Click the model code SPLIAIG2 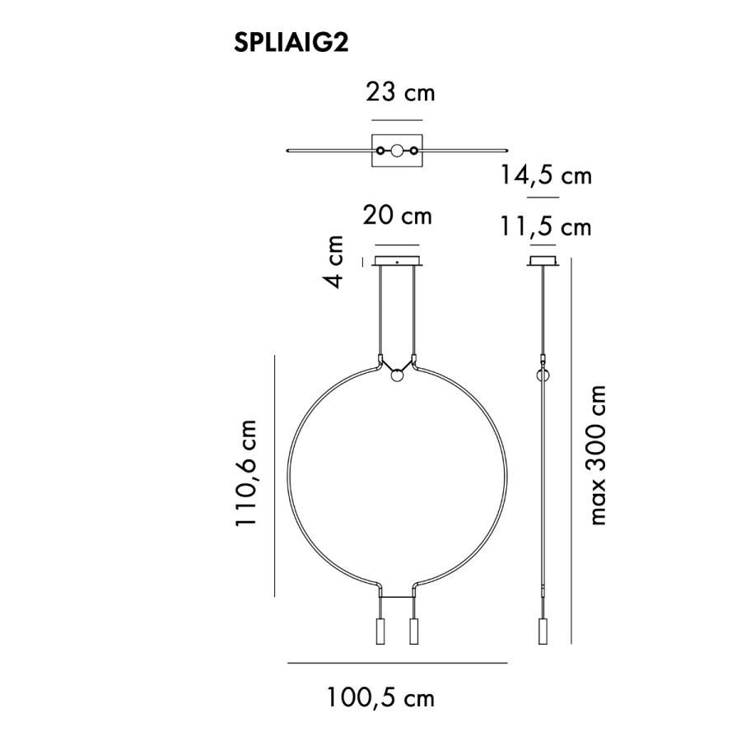point(291,43)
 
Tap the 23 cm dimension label point(400,92)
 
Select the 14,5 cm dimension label point(545,175)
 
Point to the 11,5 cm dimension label point(545,227)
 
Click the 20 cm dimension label point(397,216)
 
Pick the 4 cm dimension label point(333,261)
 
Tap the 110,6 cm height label point(246,473)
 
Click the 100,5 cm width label point(380,697)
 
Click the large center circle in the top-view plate point(397,151)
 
